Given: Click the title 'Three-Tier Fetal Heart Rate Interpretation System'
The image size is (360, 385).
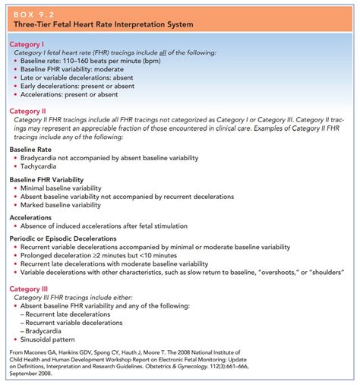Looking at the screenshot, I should (100, 24).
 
